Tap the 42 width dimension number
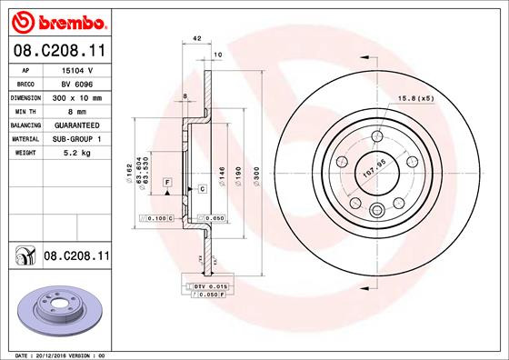(x=196, y=39)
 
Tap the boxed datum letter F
(x=168, y=184)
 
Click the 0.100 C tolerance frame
(x=156, y=219)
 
